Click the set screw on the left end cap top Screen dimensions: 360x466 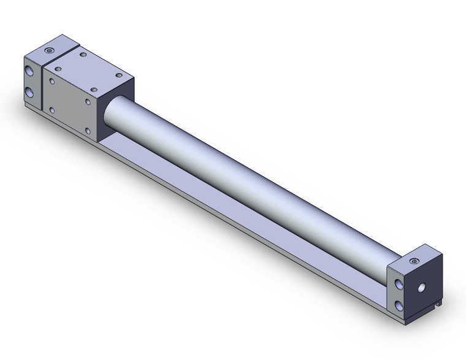(50, 50)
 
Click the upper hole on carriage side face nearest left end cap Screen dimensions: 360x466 (53, 80)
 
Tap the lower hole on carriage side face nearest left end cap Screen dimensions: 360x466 (52, 110)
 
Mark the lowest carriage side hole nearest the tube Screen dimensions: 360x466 (89, 131)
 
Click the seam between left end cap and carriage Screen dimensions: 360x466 (42, 86)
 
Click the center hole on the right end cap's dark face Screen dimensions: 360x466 (422, 287)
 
